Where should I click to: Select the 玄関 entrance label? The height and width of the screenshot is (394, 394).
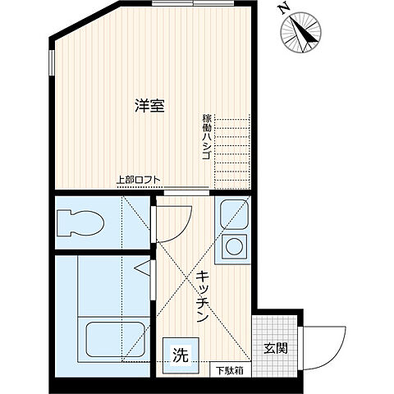[x=276, y=347]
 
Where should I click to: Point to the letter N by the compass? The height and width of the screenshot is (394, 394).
[x=282, y=9]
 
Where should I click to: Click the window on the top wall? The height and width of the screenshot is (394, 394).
[x=195, y=4]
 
